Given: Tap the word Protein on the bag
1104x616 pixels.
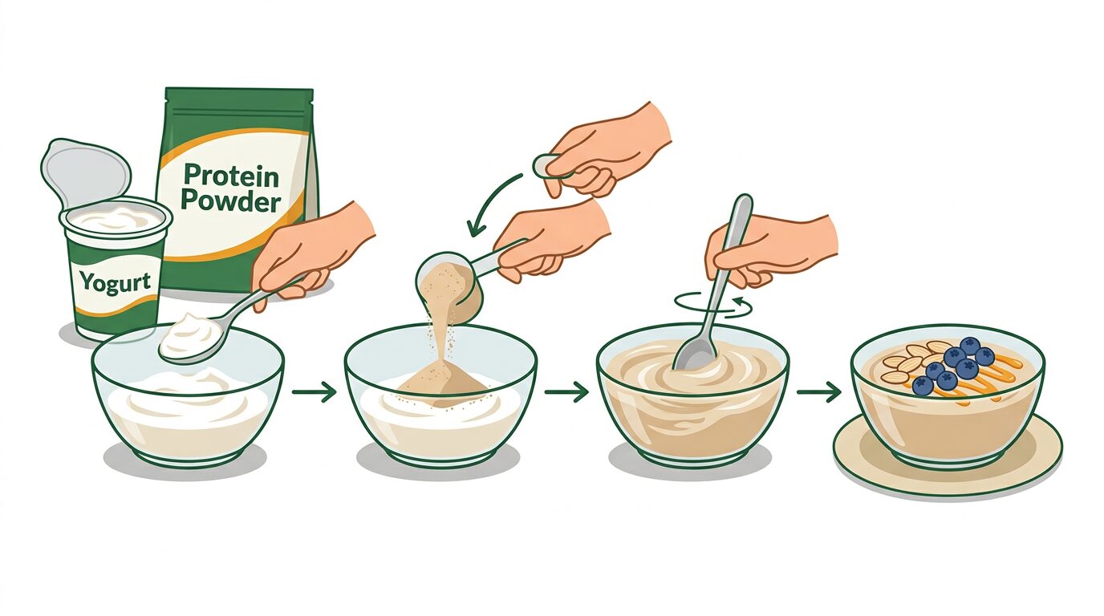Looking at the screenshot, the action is pos(230,176).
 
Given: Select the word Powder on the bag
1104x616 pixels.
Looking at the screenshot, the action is pos(230,202).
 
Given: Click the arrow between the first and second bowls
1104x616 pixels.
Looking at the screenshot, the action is pos(314,392).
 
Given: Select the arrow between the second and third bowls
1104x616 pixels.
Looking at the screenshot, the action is pos(566,392).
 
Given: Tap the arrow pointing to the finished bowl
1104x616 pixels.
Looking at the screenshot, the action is pos(818,392).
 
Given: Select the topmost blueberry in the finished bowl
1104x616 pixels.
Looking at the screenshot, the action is pos(969,346).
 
